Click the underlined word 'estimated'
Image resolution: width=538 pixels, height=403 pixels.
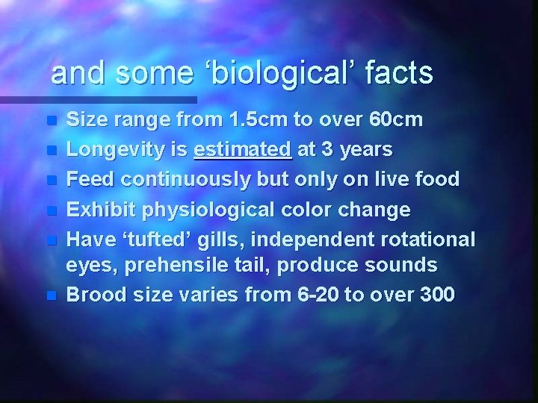pos(243,150)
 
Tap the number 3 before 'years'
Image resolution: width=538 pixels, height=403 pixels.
pos(327,150)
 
